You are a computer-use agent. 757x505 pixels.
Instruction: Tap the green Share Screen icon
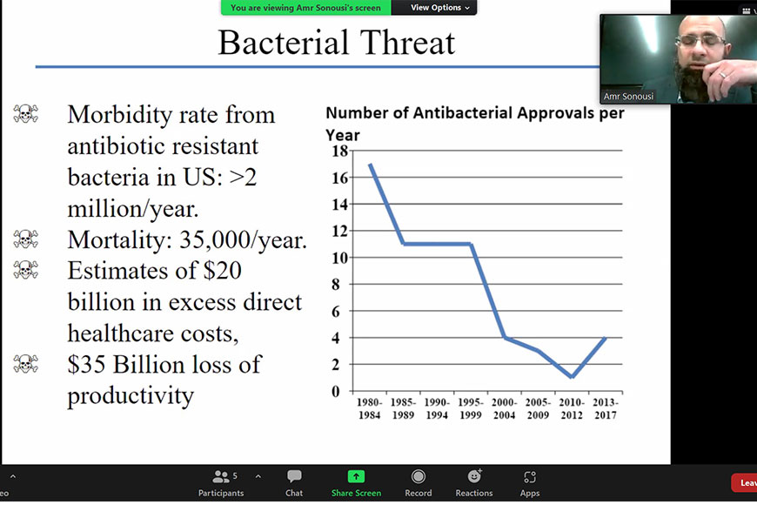(356, 477)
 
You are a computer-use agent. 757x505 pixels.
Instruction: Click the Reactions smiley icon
(474, 476)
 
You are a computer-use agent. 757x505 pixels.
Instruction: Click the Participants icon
(221, 477)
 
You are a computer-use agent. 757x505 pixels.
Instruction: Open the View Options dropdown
(439, 8)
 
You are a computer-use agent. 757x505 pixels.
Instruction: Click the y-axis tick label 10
(340, 258)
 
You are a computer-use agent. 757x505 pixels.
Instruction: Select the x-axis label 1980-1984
(369, 408)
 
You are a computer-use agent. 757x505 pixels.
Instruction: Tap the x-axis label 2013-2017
(606, 408)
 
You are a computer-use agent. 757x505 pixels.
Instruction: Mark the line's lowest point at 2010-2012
(572, 377)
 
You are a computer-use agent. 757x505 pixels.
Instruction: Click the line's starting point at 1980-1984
(371, 165)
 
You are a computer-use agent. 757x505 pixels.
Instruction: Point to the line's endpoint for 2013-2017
(606, 338)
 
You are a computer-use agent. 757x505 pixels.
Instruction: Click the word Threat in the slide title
(407, 43)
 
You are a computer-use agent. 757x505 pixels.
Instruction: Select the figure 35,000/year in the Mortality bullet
(243, 239)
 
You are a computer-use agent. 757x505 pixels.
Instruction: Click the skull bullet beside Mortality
(25, 239)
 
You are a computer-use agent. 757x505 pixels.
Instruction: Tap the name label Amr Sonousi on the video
(628, 96)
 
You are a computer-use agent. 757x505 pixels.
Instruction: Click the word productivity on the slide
(131, 396)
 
